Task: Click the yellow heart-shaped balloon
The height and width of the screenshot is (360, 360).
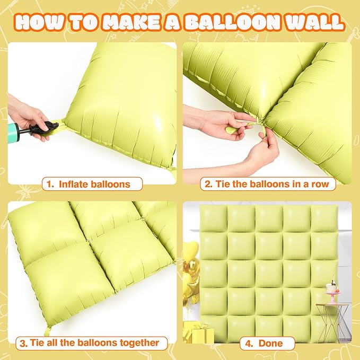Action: pyautogui.click(x=191, y=252)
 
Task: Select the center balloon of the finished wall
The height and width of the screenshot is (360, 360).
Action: pyautogui.click(x=269, y=273)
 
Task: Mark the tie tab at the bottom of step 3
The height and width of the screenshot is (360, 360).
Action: pyautogui.click(x=47, y=331)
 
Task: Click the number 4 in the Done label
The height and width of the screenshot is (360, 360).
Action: pyautogui.click(x=249, y=343)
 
